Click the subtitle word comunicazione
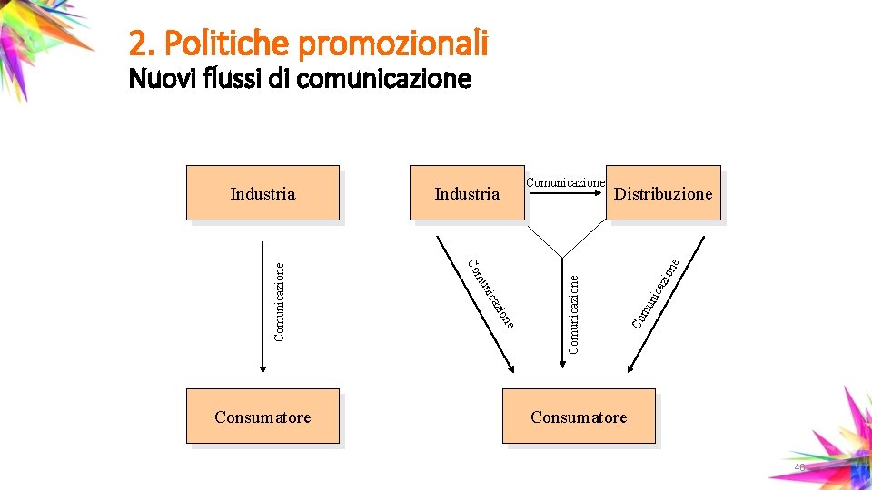pos(383,80)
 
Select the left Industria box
pos(263,193)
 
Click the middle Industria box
pos(467,193)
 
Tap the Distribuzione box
pos(663,193)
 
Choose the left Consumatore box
pos(263,416)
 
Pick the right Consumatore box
pos(579,416)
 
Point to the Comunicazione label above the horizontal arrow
pos(565,182)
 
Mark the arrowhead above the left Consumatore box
pos(263,367)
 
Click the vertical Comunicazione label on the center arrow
pos(573,314)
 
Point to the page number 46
pos(799,467)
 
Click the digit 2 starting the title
pos(137,43)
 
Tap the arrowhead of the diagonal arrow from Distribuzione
pos(629,368)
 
